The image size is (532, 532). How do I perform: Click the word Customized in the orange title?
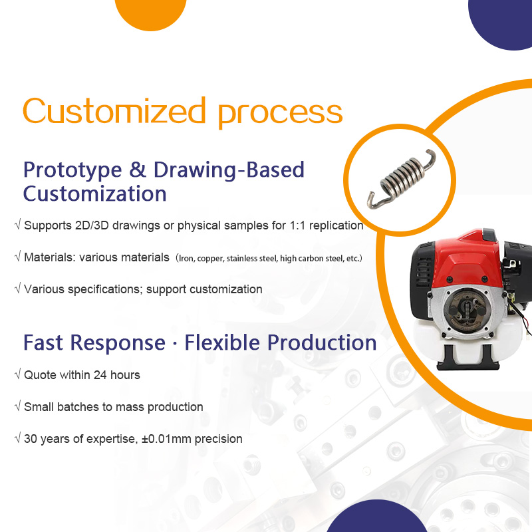click(x=114, y=110)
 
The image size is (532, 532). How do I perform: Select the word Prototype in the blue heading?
click(x=72, y=170)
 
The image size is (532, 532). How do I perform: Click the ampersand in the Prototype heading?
click(x=138, y=170)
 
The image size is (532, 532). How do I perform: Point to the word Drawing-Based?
click(x=229, y=170)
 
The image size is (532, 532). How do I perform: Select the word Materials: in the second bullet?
click(x=50, y=257)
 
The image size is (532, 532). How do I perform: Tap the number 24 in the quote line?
click(x=100, y=375)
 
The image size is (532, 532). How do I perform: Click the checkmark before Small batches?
click(x=18, y=406)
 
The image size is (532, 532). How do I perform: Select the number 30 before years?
click(x=30, y=439)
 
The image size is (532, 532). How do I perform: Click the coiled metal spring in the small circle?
click(x=402, y=179)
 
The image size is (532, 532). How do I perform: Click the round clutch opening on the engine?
click(x=467, y=310)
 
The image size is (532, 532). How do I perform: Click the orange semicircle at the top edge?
click(x=151, y=13)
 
